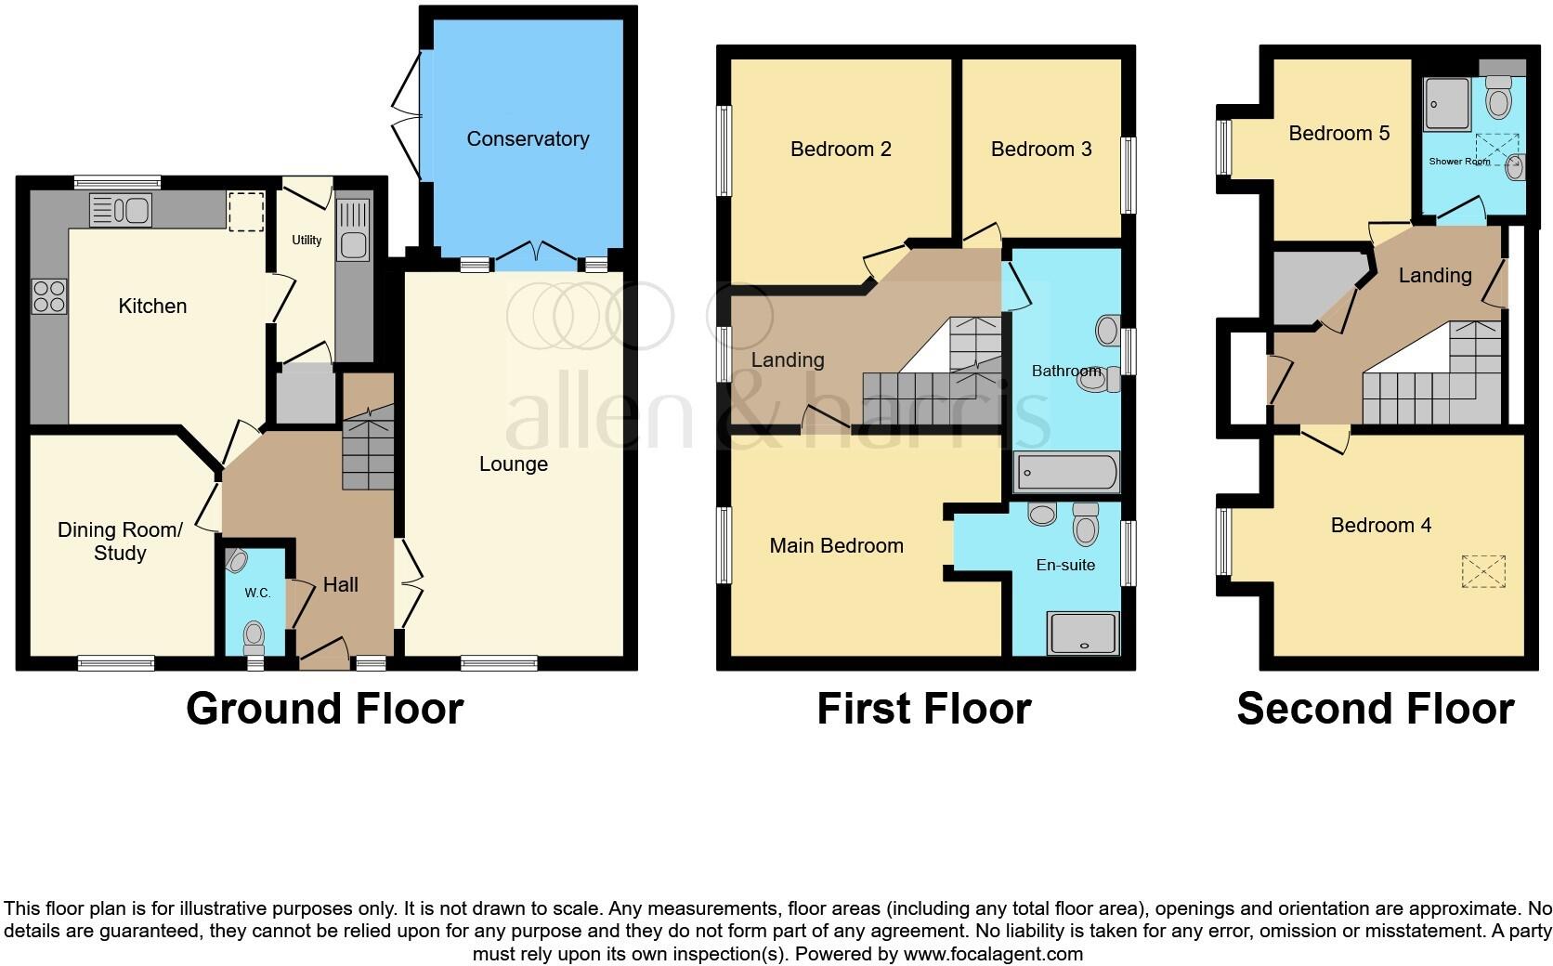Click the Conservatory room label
(x=528, y=139)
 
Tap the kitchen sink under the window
(x=121, y=210)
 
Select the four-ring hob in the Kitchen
(x=49, y=295)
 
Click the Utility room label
(x=307, y=240)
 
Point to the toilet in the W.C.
(x=253, y=636)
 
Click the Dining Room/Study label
(x=120, y=542)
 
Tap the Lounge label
(x=513, y=464)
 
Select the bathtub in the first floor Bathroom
(x=1066, y=473)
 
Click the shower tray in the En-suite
(x=1082, y=633)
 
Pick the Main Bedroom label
(x=836, y=546)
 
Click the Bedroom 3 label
(x=1040, y=150)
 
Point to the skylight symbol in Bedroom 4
(x=1482, y=571)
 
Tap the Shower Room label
(x=1459, y=162)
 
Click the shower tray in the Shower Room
(x=1448, y=102)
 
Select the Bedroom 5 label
(x=1338, y=134)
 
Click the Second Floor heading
(x=1375, y=709)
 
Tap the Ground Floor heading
(x=324, y=709)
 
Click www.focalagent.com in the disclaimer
(x=992, y=954)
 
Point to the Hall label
(x=341, y=585)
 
